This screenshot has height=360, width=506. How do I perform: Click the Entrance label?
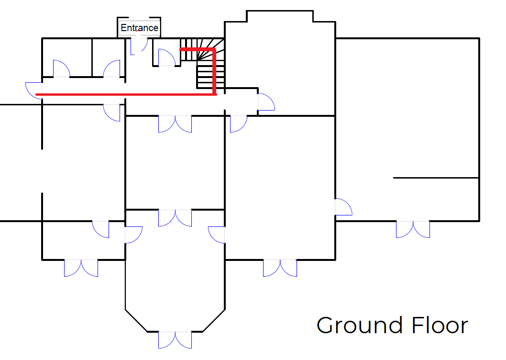click(x=139, y=28)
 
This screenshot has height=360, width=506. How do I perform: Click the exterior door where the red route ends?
click(x=33, y=90)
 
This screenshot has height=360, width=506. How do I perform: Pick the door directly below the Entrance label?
click(x=139, y=46)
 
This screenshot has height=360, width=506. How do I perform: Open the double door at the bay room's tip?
click(x=175, y=340)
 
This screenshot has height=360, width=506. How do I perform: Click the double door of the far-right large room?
click(x=413, y=229)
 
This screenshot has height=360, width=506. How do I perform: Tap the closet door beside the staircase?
click(x=167, y=57)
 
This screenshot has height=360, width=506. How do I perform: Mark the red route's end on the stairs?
click(x=181, y=49)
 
